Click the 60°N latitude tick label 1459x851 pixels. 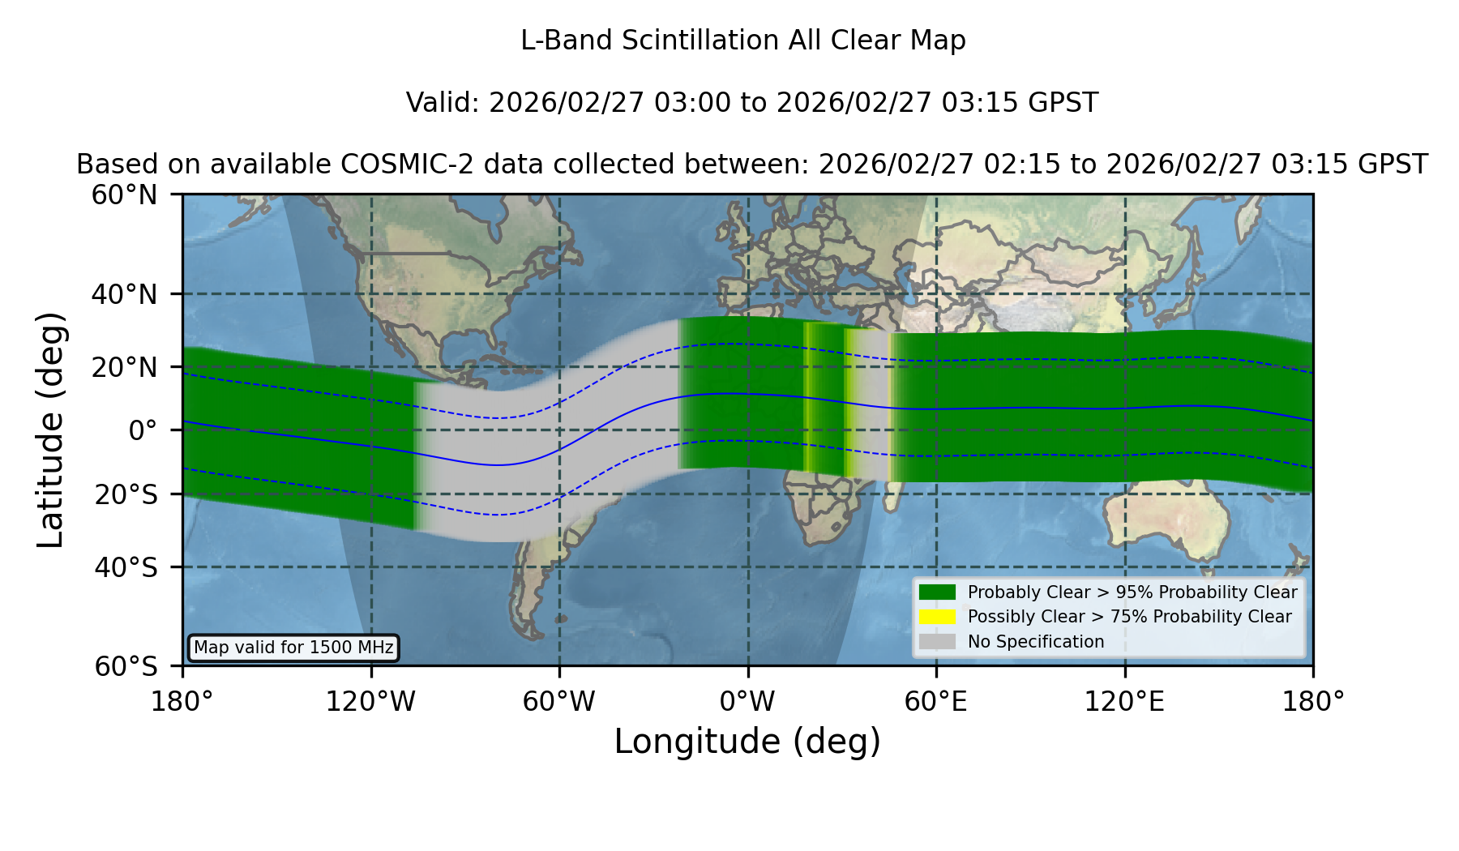click(125, 195)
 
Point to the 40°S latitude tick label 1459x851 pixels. click(126, 567)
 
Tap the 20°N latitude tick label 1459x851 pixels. click(125, 367)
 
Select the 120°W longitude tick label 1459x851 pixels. click(370, 701)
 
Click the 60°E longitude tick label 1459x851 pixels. click(936, 701)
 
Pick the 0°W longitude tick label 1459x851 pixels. click(747, 701)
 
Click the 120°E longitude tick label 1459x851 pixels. click(1124, 701)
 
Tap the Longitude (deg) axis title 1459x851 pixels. click(747, 742)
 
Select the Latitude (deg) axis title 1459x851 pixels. click(50, 430)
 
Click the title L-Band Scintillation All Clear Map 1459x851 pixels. click(743, 41)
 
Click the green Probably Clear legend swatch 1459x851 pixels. click(937, 592)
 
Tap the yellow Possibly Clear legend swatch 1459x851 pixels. click(937, 617)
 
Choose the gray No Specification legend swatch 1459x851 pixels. click(937, 642)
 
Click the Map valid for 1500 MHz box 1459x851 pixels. click(293, 648)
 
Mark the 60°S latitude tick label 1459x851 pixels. click(126, 666)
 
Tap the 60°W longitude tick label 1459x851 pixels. click(559, 701)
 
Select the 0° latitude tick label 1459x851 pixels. click(143, 430)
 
